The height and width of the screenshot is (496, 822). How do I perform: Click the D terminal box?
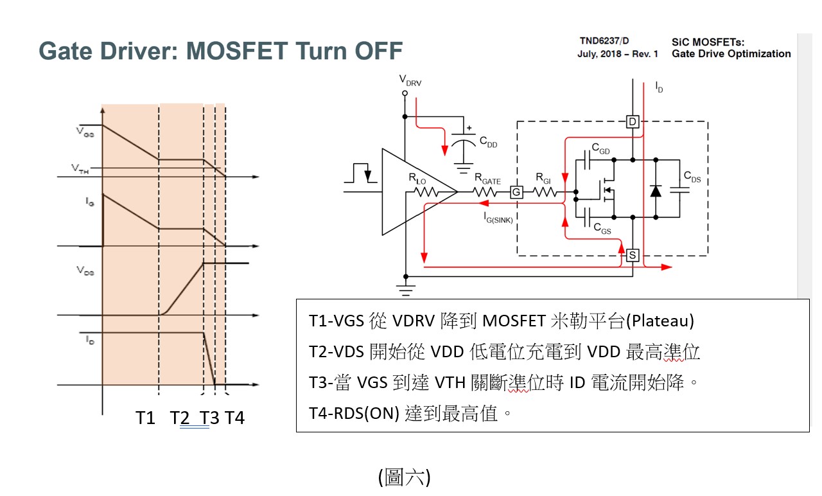click(x=633, y=121)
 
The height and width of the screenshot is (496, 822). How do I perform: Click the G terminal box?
click(x=515, y=191)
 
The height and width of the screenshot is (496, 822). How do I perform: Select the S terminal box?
click(x=633, y=256)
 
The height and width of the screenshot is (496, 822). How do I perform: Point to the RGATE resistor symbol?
click(x=487, y=191)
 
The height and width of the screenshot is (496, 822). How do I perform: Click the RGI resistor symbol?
click(x=544, y=191)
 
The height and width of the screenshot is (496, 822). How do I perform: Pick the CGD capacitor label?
click(x=600, y=150)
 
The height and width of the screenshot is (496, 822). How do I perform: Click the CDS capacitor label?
click(x=692, y=177)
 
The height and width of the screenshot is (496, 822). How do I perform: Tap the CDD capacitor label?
click(x=488, y=143)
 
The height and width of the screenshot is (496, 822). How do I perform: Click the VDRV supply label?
click(x=410, y=80)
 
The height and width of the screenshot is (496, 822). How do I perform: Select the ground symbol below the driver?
click(x=405, y=289)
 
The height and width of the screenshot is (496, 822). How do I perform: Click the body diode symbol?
click(x=656, y=191)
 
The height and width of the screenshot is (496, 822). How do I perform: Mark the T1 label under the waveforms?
click(x=146, y=418)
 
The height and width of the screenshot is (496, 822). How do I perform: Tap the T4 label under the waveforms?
click(x=234, y=418)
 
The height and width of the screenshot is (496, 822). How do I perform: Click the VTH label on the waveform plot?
click(x=80, y=169)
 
